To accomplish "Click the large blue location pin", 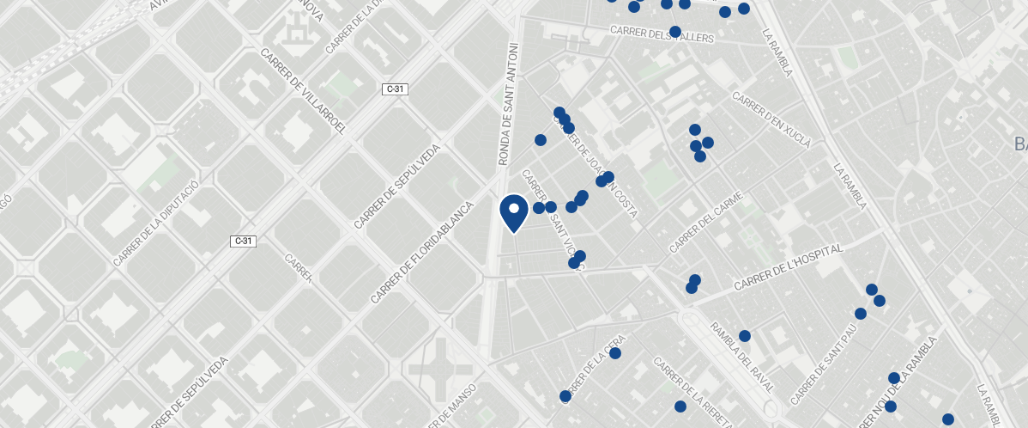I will click(513, 212).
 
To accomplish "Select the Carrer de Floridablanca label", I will click(422, 253).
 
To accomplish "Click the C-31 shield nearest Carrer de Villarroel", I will click(395, 89).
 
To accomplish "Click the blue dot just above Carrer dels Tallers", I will click(675, 32).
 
